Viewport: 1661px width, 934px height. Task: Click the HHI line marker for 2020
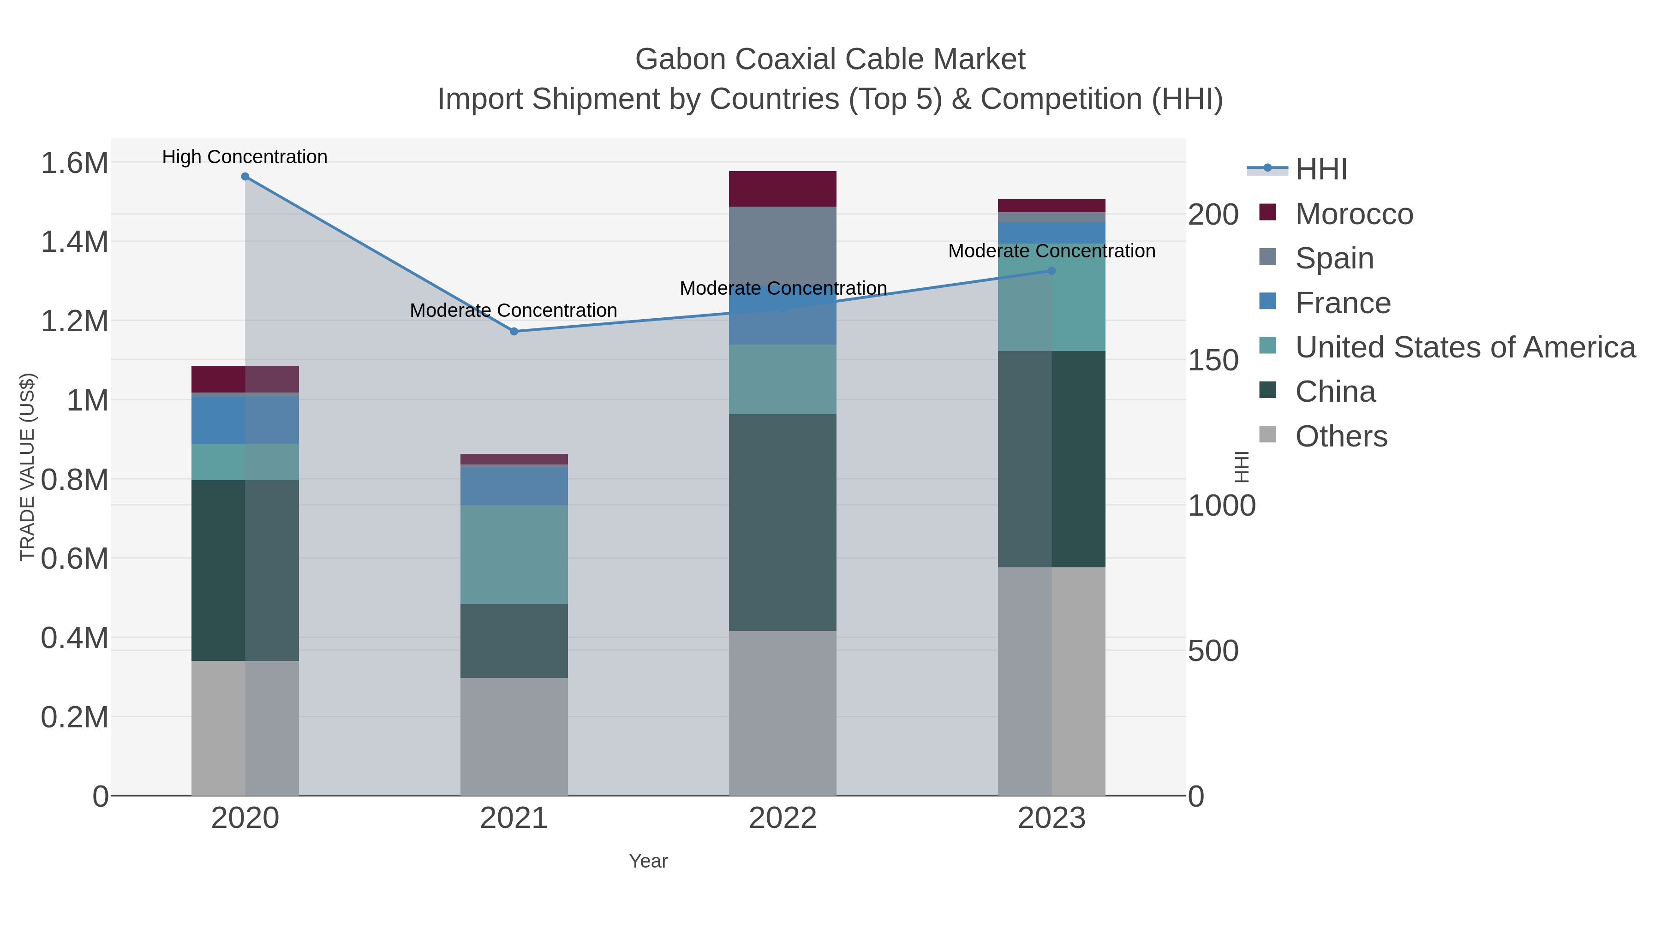pos(245,177)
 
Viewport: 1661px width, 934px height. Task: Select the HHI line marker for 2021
pos(514,331)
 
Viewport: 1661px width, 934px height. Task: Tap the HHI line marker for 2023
pos(1052,271)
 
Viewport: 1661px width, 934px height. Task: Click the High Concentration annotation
pos(245,157)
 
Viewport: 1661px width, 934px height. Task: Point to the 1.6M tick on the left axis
pos(75,162)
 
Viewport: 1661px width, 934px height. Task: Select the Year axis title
pos(648,861)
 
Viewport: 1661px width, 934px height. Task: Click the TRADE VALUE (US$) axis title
pos(27,467)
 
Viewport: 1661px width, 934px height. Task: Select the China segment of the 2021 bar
pos(514,641)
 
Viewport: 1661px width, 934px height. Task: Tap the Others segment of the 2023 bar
pos(1052,681)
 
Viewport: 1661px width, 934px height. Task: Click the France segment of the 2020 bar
pos(245,420)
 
